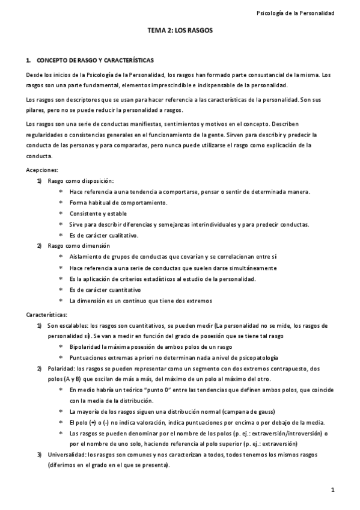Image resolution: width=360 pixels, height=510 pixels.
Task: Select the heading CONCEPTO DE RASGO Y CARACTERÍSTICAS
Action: [96, 61]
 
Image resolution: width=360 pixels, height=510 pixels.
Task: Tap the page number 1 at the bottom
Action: [340, 491]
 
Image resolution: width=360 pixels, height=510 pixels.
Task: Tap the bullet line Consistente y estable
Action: [98, 214]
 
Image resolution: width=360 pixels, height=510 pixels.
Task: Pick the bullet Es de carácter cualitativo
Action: [104, 235]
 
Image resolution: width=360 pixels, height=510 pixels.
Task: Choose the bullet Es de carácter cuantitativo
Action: [105, 289]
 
